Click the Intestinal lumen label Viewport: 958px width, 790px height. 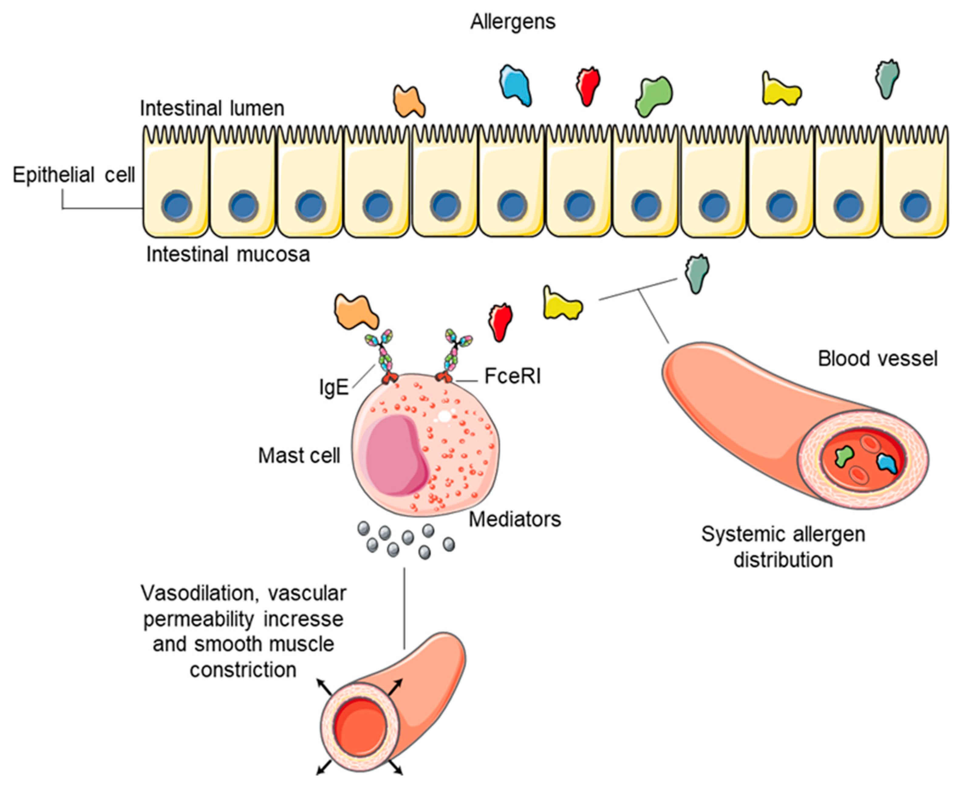212,109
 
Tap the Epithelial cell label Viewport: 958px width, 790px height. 74,175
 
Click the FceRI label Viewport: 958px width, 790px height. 512,376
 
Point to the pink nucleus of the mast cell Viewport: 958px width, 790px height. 395,455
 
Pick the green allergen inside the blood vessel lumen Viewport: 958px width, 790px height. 844,455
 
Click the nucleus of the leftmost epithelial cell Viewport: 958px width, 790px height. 176,206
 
